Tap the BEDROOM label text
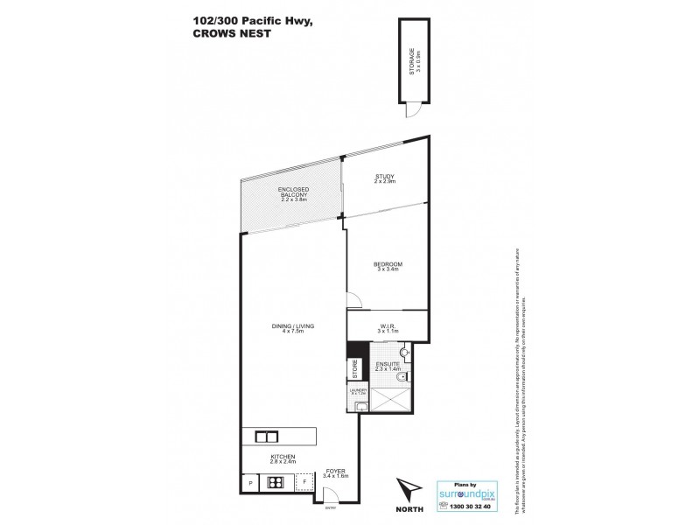pos(387,262)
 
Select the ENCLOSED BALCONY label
pos(292,190)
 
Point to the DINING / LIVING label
pos(292,326)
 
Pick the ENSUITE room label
pos(387,361)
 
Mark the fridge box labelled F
pos(304,482)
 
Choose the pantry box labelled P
pos(250,482)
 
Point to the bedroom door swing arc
pos(353,300)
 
